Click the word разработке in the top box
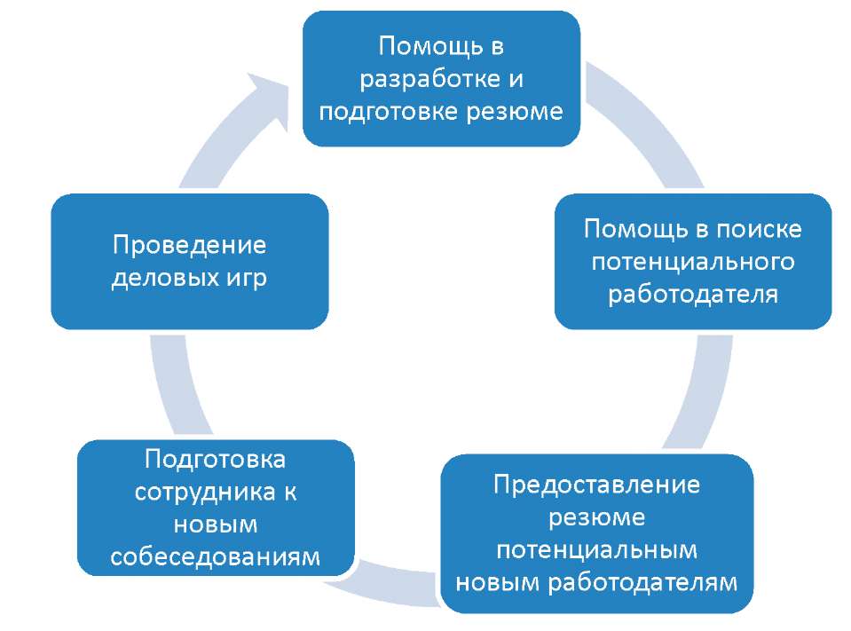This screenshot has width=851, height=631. coord(429,80)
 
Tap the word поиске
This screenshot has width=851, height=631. coord(759,230)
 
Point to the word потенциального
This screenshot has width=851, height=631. coord(693,262)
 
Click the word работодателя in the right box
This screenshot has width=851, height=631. coord(693,295)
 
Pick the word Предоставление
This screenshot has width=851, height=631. coord(596,484)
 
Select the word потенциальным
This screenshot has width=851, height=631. coord(596,549)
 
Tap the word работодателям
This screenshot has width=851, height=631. coord(642,582)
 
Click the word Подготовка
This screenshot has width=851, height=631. coord(216,460)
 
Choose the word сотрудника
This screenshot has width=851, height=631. coord(205,493)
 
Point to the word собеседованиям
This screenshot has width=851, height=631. coord(216,556)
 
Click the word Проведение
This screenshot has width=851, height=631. coord(189,245)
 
